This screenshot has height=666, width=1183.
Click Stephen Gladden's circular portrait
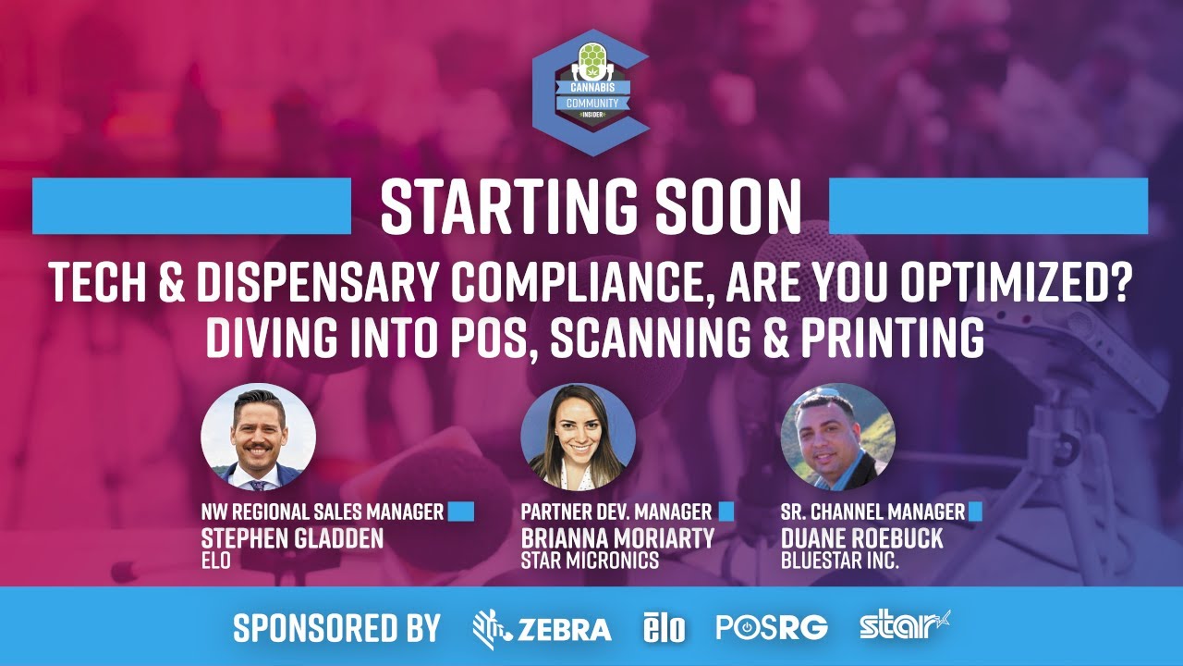point(259,437)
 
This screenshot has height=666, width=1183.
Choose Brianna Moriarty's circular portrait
point(578,437)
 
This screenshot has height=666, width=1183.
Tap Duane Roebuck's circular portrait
point(838,437)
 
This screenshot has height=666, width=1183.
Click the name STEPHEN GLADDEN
point(292,538)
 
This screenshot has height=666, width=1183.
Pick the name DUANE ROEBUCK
point(862,538)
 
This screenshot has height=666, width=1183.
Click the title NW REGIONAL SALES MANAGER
point(323,512)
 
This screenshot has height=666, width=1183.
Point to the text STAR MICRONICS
point(590,561)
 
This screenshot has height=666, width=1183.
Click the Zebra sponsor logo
point(542,629)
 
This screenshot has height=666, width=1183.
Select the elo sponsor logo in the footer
point(665,629)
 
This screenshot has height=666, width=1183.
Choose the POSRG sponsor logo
point(772,628)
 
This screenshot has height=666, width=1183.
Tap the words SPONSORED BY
point(336,628)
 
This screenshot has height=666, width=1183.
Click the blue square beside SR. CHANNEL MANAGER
point(974,512)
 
